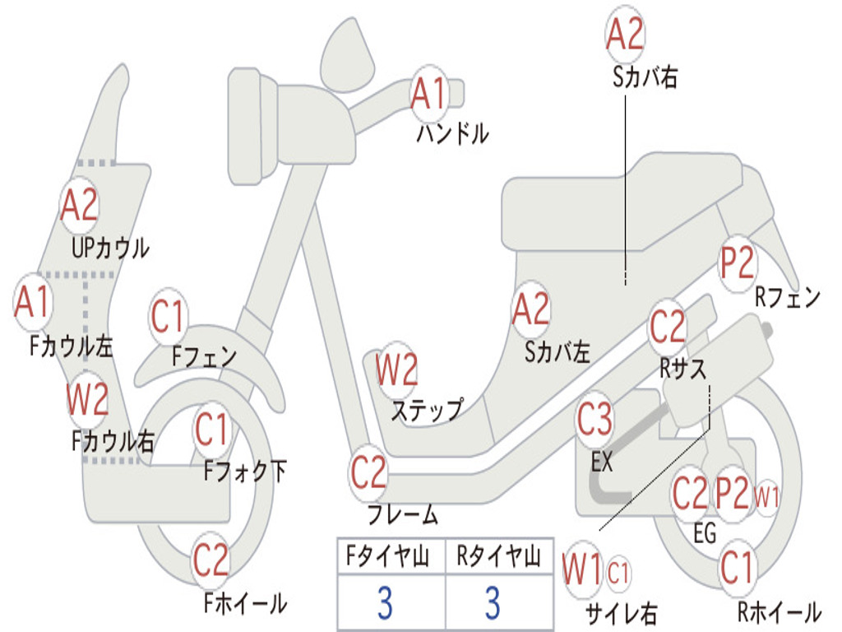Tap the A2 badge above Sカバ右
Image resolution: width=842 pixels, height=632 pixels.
coord(625,34)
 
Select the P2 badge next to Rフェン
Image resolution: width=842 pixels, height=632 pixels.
coord(738,263)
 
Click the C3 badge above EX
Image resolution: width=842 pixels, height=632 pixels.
coord(594,419)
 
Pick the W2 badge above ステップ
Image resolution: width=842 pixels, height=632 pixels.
coord(396,369)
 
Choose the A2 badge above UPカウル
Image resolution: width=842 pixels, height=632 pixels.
coord(80,205)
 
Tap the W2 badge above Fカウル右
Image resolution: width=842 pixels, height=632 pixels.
coord(87,399)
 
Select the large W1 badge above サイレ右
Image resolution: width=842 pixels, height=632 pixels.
coord(582,569)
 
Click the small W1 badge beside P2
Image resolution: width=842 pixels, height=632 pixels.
coord(766,496)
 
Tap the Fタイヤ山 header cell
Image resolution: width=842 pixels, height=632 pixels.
coord(391,555)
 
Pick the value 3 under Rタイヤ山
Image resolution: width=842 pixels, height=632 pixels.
coord(493,602)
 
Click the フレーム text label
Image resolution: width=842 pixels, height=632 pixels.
coord(403,514)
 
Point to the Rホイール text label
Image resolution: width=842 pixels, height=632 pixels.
coord(780,611)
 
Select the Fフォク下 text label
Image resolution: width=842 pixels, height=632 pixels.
coord(245,472)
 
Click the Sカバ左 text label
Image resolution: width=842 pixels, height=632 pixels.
coord(557,352)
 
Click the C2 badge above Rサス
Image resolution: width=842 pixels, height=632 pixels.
coord(668,327)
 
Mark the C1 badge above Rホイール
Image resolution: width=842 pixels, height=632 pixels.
coord(738,568)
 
